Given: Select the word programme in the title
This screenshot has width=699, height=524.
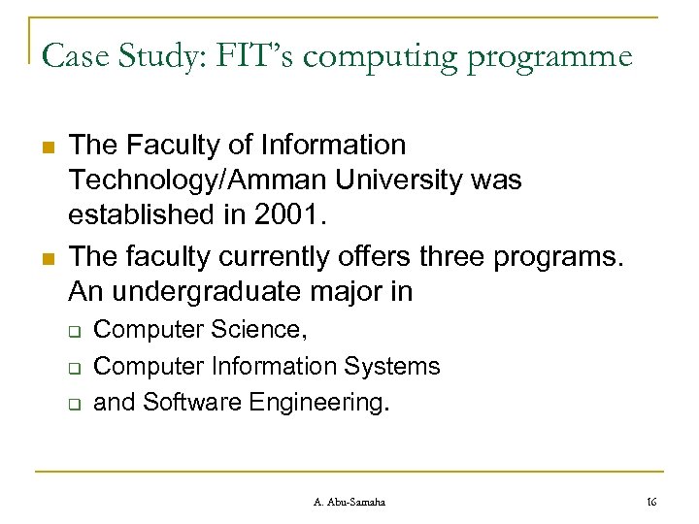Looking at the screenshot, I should pyautogui.click(x=551, y=58).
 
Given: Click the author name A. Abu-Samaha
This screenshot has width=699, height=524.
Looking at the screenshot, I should pyautogui.click(x=350, y=501).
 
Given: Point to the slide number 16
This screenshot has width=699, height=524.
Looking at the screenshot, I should pyautogui.click(x=651, y=501).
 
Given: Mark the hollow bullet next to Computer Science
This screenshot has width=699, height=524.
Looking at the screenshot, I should pyautogui.click(x=75, y=332).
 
